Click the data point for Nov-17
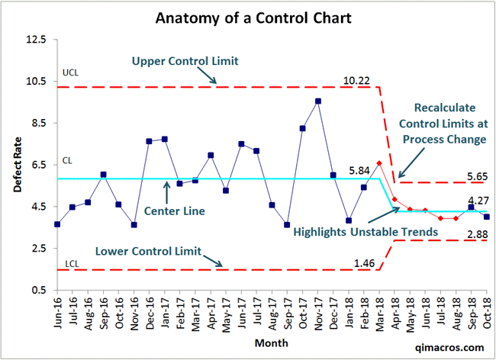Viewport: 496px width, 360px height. click(x=317, y=101)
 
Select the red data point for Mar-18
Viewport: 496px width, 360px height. click(x=379, y=163)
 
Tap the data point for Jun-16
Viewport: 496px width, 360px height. click(x=57, y=224)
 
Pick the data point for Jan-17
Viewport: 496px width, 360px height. click(x=165, y=140)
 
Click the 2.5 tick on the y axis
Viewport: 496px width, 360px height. click(x=37, y=249)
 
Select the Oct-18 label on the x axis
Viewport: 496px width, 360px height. click(x=487, y=314)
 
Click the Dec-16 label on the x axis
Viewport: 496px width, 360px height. click(x=150, y=314)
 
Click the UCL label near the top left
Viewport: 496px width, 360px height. click(x=69, y=74)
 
